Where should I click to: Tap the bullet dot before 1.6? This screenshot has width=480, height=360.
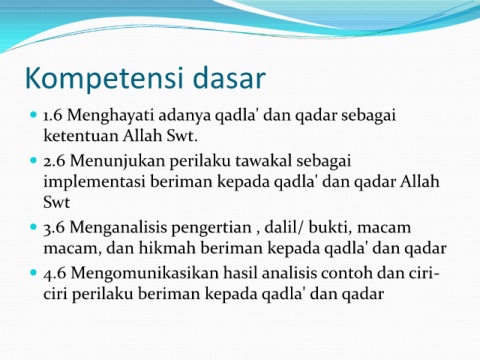(x=33, y=115)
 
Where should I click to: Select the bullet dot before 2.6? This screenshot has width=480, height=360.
(x=33, y=160)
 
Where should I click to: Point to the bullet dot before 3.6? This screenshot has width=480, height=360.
(x=33, y=227)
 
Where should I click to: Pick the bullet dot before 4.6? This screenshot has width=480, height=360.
(x=33, y=273)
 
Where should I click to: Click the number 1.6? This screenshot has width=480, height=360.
(x=53, y=115)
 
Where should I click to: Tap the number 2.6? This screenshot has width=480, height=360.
(x=54, y=161)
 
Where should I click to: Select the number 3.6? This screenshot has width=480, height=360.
(x=54, y=228)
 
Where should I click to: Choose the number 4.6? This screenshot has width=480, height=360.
(x=54, y=273)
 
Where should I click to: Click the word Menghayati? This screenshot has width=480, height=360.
(x=111, y=116)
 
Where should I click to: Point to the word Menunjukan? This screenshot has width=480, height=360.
(x=117, y=162)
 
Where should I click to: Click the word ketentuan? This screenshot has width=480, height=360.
(x=81, y=136)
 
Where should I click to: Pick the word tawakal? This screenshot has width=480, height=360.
(x=264, y=161)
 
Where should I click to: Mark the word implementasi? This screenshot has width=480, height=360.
(x=94, y=183)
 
